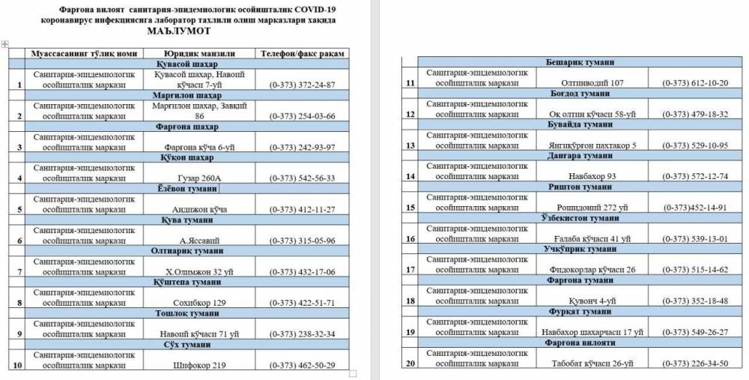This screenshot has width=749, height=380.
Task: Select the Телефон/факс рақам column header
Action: point(300,54)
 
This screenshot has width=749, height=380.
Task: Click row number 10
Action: point(16,365)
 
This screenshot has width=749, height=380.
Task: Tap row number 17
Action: point(410,269)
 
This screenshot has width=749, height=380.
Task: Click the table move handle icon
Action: point(5,44)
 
